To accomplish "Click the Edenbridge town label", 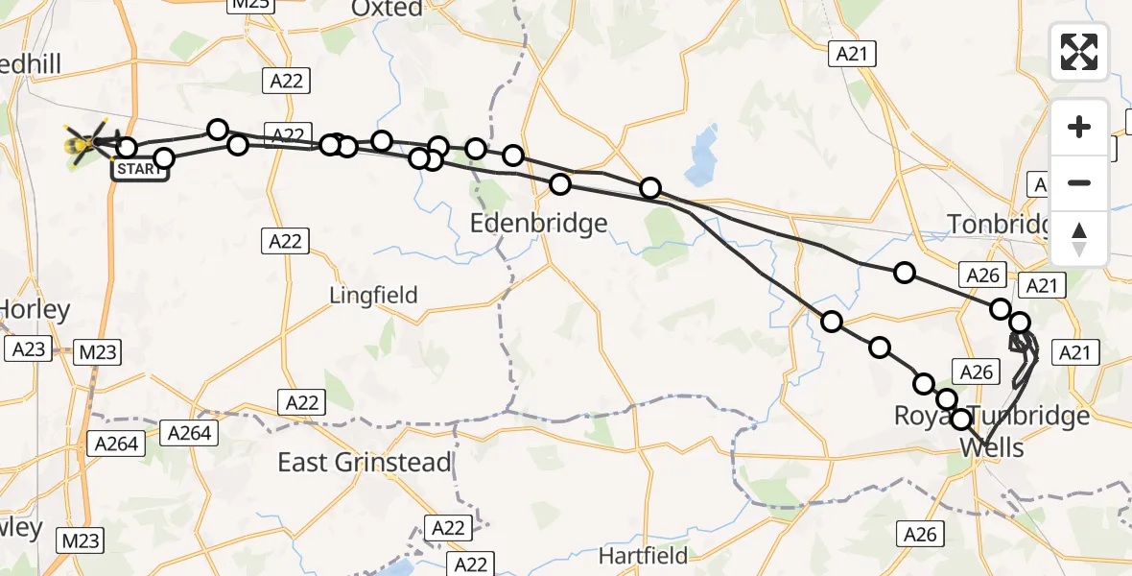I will point(538,224).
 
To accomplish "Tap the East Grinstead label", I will point(364,462).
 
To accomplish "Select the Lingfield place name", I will point(373,295).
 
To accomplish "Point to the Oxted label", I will point(387,9).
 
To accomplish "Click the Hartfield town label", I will point(643,555).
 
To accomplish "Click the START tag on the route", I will point(140,170).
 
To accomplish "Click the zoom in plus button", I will point(1079,127).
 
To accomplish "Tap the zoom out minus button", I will point(1079,182).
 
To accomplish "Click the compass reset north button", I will point(1079,239).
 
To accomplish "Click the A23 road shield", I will point(28,349).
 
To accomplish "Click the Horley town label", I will point(35,310).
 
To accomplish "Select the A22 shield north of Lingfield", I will point(285,240).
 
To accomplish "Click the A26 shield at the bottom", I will point(920,534).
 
